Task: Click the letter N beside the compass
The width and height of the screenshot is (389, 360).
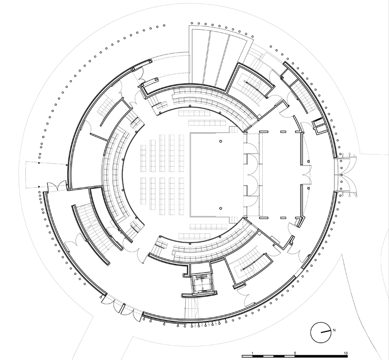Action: [334, 330]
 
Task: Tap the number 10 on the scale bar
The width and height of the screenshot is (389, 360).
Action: [346, 353]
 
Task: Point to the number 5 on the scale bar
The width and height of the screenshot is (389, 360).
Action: [295, 353]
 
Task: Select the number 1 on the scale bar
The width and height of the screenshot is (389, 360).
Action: [252, 353]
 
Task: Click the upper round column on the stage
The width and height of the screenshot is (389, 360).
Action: [221, 141]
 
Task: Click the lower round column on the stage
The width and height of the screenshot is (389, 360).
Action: [221, 209]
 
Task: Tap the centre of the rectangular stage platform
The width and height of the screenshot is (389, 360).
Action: [216, 175]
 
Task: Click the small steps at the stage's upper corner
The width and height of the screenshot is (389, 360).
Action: [233, 130]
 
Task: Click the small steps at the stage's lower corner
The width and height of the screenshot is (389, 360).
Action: [233, 220]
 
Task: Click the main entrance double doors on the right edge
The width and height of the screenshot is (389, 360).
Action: [346, 175]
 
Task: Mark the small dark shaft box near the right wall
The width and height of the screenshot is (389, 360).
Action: [318, 123]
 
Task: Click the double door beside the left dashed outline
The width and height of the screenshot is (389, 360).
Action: [58, 187]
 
